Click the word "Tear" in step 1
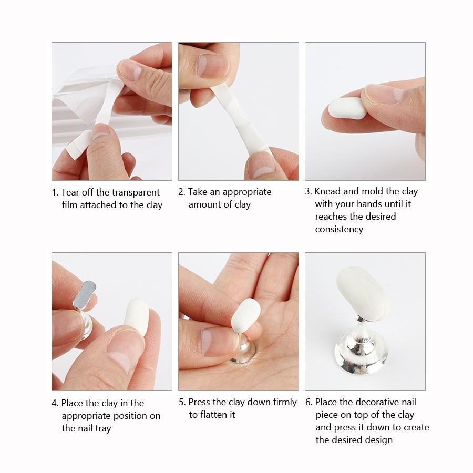[71, 192]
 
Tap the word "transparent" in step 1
[135, 192]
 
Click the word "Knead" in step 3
[328, 191]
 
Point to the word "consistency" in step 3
[339, 229]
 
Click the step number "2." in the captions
[182, 192]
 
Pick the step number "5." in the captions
[182, 402]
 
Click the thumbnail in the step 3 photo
[384, 95]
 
